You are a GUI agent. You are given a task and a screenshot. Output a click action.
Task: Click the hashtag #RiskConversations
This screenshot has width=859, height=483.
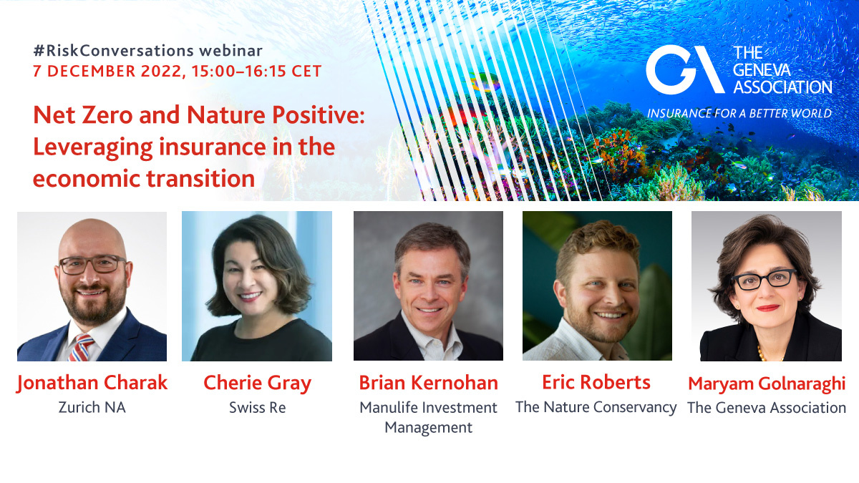114,51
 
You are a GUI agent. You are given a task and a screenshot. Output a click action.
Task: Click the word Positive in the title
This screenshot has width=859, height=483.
319,114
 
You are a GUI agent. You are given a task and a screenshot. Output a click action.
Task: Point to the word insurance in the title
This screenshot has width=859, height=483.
213,147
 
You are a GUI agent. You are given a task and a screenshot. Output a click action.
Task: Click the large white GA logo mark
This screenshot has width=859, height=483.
685,69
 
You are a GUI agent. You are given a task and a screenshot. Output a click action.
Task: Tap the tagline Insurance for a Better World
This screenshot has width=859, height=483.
739,114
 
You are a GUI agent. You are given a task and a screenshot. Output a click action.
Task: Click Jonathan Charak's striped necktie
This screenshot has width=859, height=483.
81,347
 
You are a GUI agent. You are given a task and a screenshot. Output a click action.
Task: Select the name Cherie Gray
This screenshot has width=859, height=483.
257,384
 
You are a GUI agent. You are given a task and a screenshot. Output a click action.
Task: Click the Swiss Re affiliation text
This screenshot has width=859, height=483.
257,407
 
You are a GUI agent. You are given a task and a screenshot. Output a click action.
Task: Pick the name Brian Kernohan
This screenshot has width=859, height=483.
428,383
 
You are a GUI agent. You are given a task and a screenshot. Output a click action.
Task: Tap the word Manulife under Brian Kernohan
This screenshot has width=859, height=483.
389,407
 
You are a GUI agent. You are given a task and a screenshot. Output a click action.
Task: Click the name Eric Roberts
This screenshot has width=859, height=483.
596,382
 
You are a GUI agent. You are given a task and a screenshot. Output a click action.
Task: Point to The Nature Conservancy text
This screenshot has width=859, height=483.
596,407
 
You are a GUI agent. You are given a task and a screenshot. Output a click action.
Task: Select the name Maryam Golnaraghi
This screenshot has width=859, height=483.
767,384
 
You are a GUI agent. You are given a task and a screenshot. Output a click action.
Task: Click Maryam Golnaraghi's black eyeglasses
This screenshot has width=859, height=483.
765,280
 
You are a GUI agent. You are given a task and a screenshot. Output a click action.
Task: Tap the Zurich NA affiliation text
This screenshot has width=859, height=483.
92,407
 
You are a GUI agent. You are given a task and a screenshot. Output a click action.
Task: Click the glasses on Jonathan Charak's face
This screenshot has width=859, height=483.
93,265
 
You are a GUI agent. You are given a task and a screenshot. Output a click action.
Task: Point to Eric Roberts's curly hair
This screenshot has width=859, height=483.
597,242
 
